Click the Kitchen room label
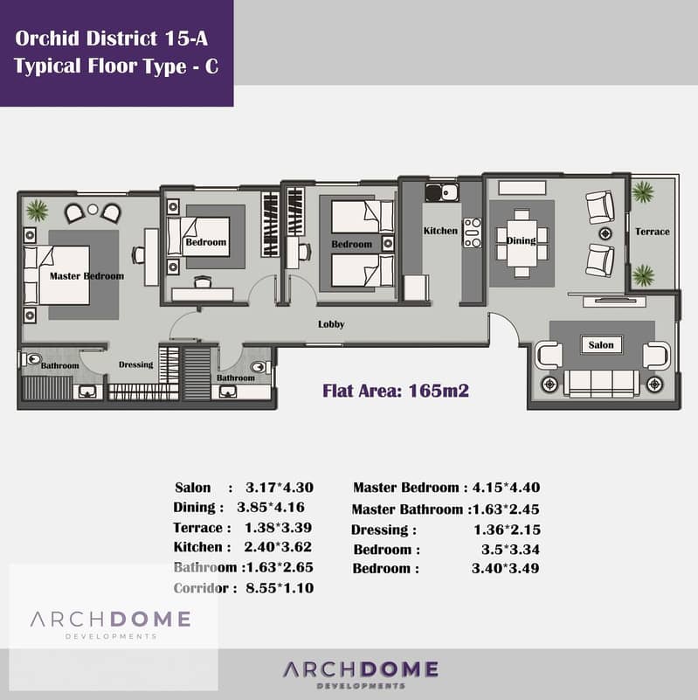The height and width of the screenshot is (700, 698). [440, 231]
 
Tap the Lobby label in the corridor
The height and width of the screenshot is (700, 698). [331, 324]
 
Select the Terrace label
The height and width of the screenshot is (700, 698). [653, 232]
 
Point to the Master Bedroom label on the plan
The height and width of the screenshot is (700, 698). [86, 276]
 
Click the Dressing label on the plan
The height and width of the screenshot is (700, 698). [135, 364]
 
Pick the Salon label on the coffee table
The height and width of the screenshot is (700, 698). [601, 344]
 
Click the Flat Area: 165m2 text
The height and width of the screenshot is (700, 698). [396, 391]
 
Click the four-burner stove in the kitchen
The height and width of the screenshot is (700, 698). [472, 232]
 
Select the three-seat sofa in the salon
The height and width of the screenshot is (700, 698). [601, 384]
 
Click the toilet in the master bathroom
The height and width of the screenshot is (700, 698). [31, 359]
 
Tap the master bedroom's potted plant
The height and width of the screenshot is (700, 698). [37, 211]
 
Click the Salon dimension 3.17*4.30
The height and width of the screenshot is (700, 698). [280, 487]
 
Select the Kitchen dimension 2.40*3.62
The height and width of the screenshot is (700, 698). [278, 547]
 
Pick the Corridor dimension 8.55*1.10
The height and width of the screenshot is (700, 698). [280, 588]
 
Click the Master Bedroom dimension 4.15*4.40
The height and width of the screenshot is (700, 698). [506, 487]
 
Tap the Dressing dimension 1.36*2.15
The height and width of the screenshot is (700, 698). [507, 530]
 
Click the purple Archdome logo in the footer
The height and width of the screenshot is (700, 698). [361, 674]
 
